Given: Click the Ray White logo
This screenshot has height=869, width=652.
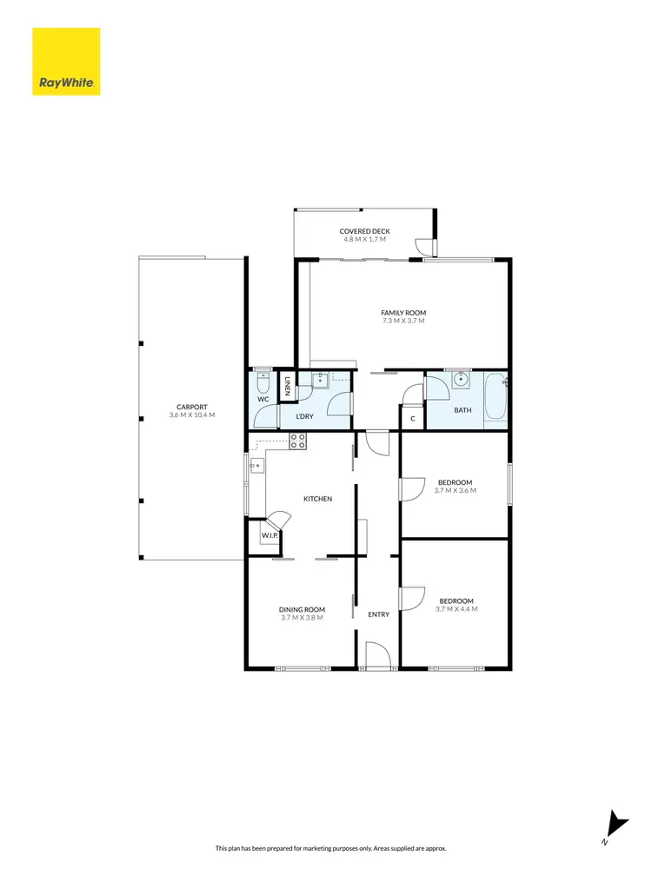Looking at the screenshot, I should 66,61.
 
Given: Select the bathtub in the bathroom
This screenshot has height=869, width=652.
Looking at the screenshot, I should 495,398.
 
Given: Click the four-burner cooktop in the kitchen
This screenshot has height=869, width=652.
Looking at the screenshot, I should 297,441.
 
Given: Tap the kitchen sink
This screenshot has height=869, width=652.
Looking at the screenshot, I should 256,465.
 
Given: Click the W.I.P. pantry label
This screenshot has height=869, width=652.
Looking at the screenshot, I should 269,536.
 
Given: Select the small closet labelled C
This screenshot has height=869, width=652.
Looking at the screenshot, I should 413,419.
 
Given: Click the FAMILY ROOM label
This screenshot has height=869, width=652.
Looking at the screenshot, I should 403,313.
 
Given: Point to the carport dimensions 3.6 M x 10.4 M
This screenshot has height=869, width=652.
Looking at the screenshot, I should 191,415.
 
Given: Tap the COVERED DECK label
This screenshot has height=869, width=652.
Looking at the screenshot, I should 365,231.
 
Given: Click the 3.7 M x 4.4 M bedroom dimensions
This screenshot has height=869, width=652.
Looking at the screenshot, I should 456,609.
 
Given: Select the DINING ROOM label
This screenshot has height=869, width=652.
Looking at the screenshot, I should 302,609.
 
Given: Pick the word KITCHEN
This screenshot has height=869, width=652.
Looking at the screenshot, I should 317,499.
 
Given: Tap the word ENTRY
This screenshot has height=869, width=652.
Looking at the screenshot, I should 379,614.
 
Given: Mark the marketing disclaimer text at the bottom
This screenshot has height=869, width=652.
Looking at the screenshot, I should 326,847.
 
